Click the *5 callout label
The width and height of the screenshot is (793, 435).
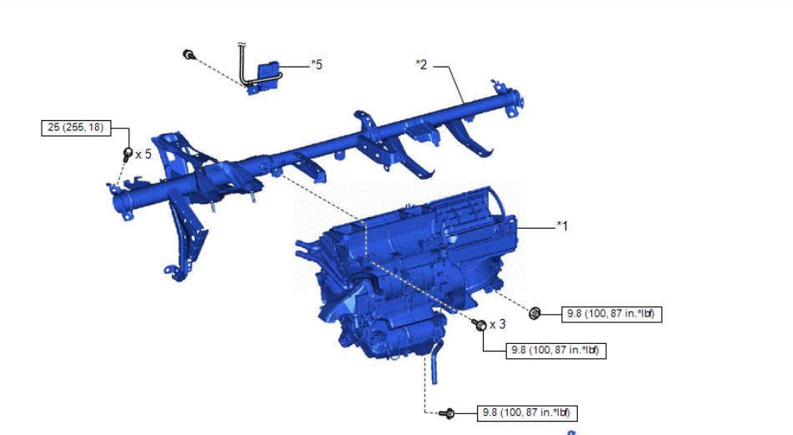coord(317,65)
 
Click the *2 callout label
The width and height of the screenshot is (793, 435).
coord(421,65)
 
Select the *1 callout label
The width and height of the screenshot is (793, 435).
coord(562,226)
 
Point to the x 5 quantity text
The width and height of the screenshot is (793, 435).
coord(143,154)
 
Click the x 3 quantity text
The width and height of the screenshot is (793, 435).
coord(498,324)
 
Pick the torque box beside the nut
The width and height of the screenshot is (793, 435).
coord(611,314)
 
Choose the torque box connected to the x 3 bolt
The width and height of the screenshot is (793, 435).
coord(556,351)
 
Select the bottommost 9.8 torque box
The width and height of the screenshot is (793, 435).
coord(527,412)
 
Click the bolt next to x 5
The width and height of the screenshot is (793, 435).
coord(128,154)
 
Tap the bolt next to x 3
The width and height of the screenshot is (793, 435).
coord(479,324)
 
